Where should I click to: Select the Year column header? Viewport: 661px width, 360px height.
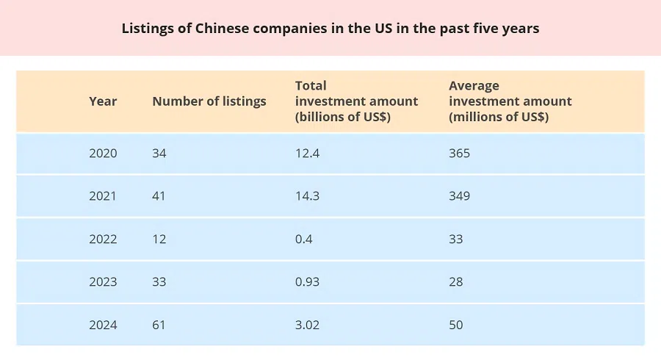[x=103, y=101]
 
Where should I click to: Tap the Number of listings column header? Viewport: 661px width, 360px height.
[x=209, y=101]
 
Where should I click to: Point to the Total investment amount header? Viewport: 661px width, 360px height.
[x=356, y=101]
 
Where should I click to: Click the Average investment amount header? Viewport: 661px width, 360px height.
[x=510, y=101]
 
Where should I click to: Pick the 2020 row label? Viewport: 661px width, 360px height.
[x=103, y=154]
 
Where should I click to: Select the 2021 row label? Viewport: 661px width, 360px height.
[x=103, y=196]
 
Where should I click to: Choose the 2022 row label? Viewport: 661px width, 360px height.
[x=103, y=239]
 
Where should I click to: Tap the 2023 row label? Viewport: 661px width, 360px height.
[x=103, y=281]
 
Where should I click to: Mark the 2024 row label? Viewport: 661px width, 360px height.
[x=103, y=324]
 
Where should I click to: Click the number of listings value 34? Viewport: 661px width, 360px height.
[x=159, y=154]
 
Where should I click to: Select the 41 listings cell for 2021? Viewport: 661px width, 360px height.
[x=159, y=196]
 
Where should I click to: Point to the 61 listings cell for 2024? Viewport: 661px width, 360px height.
[x=159, y=324]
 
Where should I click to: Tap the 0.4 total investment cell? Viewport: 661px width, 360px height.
[x=303, y=239]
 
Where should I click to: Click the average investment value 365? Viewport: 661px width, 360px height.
[x=459, y=154]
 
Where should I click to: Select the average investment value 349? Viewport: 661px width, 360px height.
[x=459, y=196]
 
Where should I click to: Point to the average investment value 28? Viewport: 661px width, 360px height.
[x=456, y=281]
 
